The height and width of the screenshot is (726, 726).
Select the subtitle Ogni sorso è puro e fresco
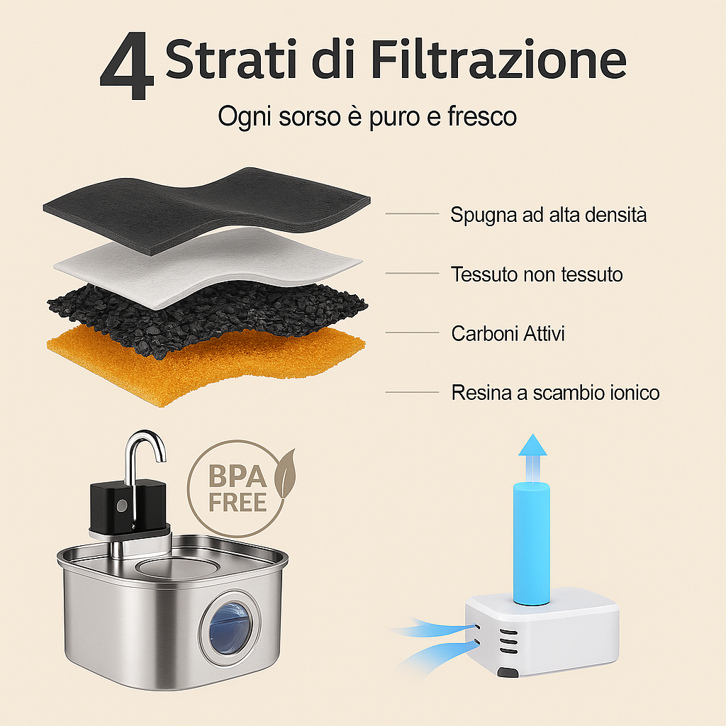367,116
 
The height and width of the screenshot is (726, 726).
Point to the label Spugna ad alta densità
548,214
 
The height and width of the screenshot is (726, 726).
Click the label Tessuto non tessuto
537,274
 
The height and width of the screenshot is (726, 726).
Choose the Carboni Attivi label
508,333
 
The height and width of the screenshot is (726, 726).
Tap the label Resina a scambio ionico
555,392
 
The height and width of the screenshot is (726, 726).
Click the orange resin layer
142,369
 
